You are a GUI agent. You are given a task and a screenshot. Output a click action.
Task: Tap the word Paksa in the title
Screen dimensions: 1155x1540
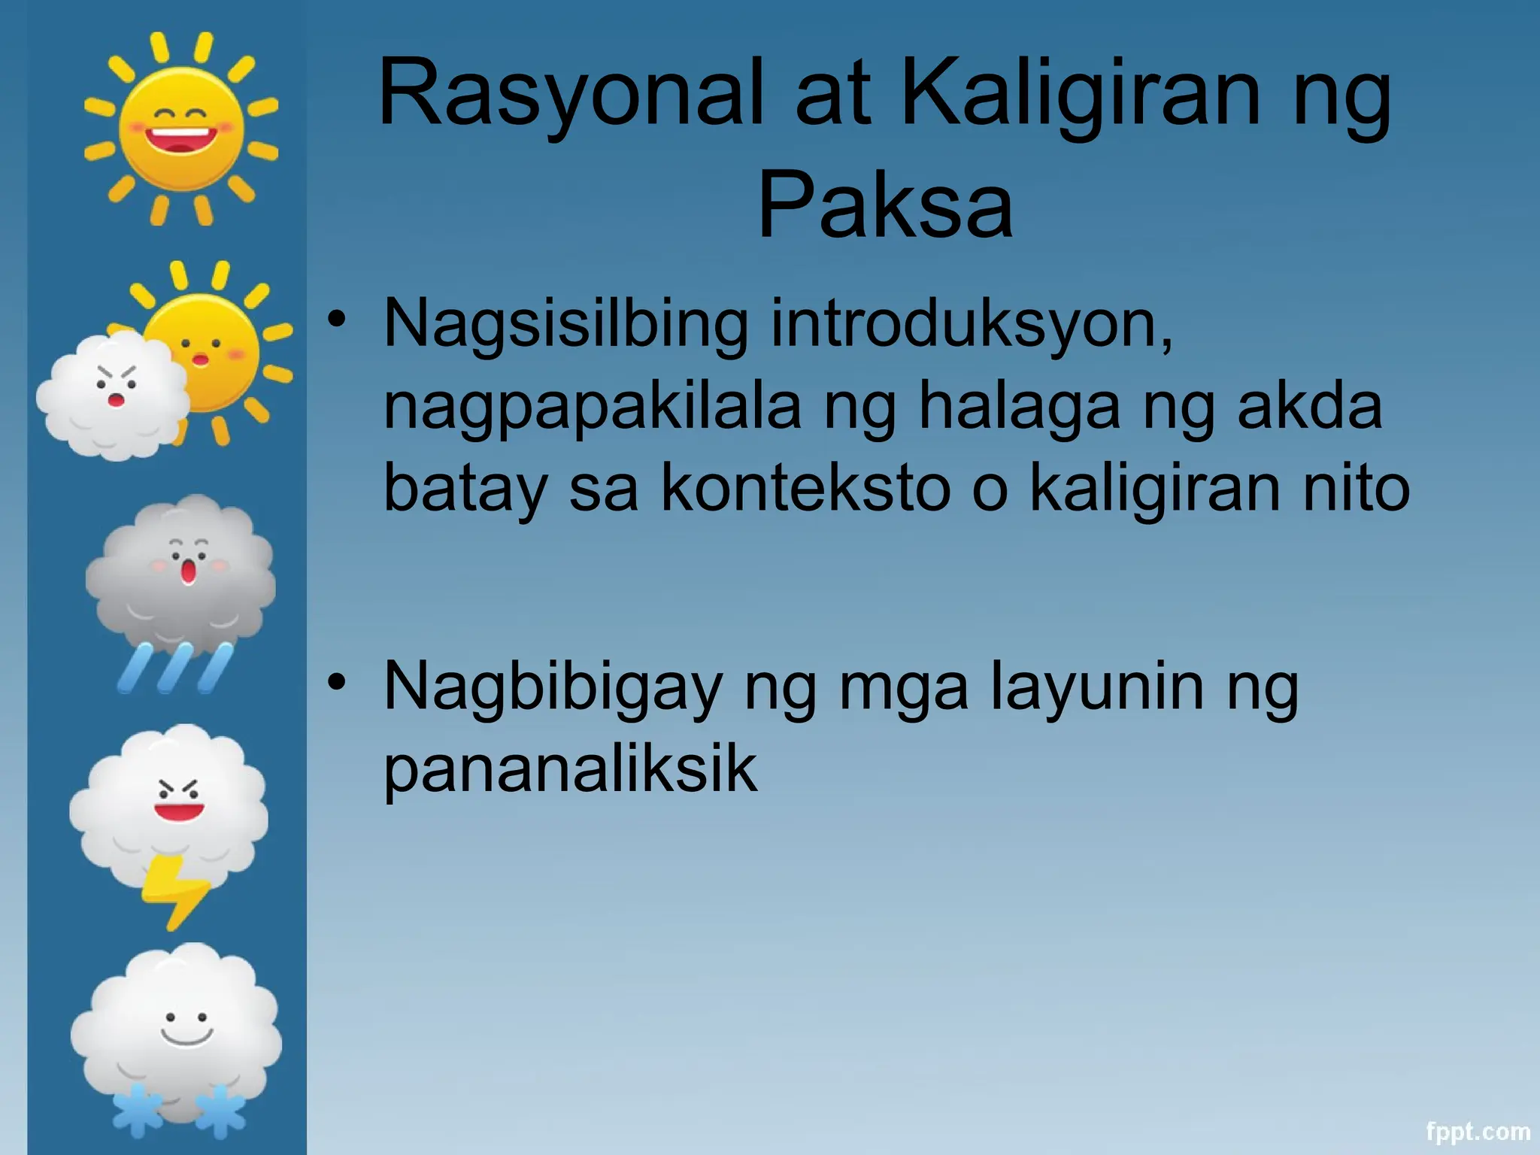pos(885,205)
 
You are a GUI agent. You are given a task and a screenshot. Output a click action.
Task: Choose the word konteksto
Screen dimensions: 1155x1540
pos(805,489)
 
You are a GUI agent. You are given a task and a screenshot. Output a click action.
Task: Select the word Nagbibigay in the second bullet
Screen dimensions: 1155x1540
pos(553,688)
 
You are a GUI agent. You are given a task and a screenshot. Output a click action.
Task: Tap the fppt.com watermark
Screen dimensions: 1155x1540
pos(1478,1132)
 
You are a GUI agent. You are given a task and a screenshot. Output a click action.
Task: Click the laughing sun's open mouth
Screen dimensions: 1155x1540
pos(180,140)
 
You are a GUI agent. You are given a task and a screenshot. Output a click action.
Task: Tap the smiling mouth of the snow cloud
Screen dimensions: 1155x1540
pos(186,1037)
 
